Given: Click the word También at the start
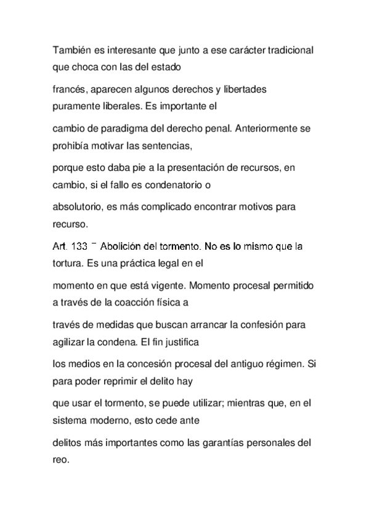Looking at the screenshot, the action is pyautogui.click(x=68, y=48).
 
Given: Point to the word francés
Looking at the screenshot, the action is pyautogui.click(x=67, y=90).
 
